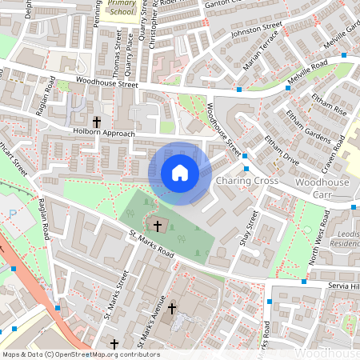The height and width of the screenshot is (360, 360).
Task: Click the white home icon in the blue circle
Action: click(180, 172)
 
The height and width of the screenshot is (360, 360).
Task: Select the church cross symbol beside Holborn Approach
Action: click(97, 122)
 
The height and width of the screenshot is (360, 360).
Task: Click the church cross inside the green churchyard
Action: click(158, 226)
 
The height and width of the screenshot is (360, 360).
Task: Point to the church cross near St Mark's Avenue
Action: click(171, 308)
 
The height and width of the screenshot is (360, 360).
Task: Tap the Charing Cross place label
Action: click(246, 182)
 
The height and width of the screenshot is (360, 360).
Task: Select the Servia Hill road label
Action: click(345, 286)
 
